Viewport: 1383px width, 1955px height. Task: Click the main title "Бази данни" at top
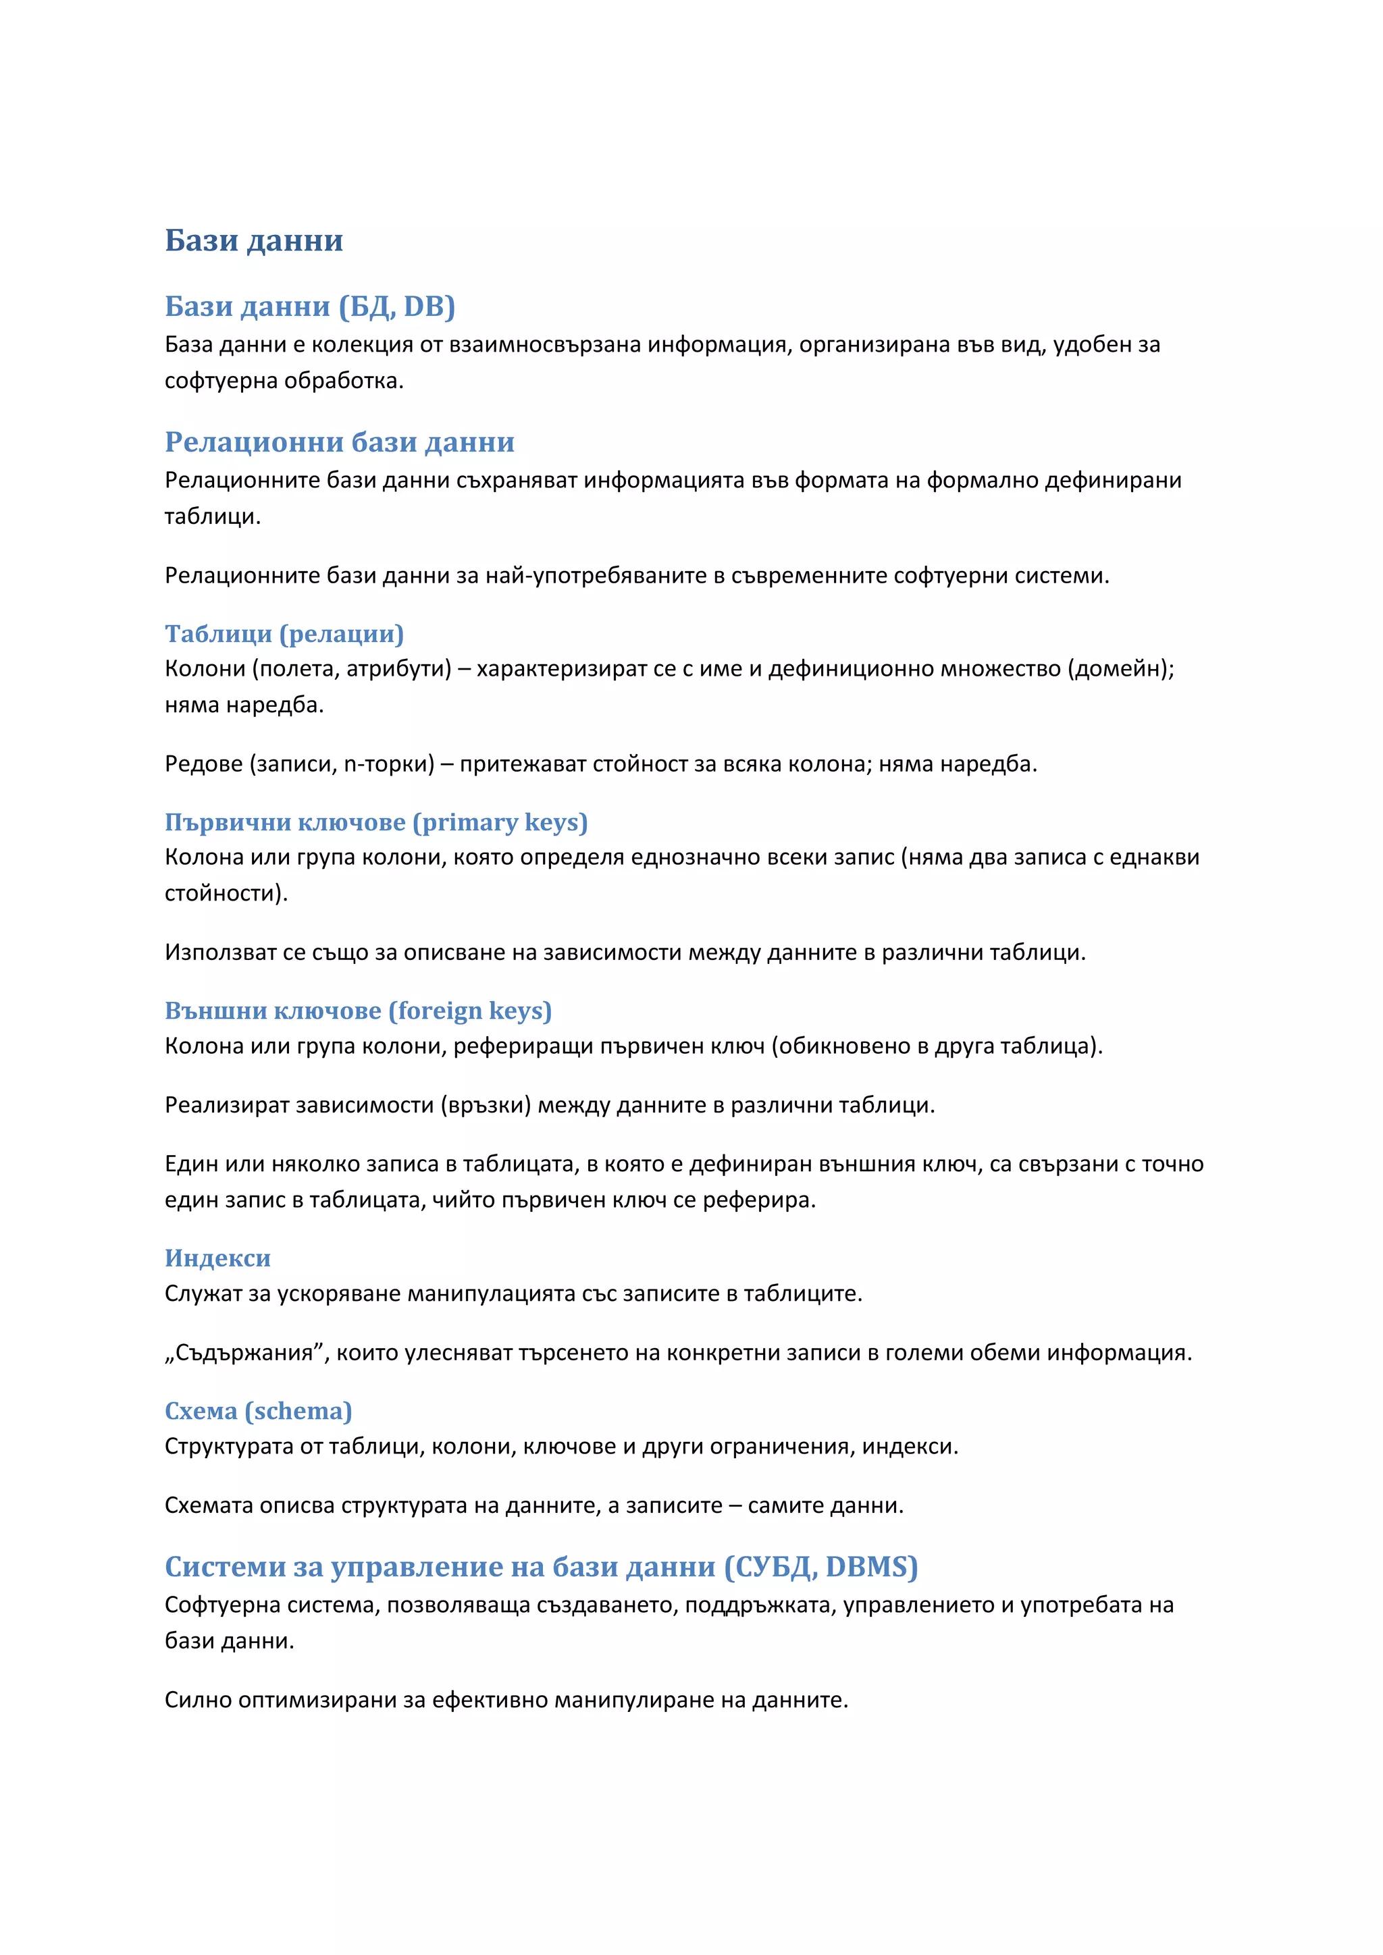(x=254, y=241)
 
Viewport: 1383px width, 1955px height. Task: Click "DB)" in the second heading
(x=429, y=306)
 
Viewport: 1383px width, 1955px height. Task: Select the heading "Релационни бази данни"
(x=339, y=442)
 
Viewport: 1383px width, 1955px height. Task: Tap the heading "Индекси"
(x=217, y=1258)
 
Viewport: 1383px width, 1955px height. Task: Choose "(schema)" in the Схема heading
(x=298, y=1412)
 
